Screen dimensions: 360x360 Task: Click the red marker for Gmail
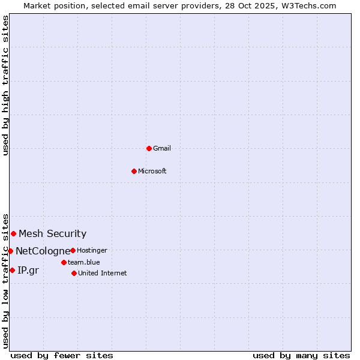(x=149, y=148)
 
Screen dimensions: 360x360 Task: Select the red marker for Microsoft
(x=134, y=171)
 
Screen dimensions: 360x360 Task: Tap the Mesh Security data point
(x=13, y=233)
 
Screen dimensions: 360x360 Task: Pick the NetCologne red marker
(x=10, y=251)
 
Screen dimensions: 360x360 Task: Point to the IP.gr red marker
(x=12, y=270)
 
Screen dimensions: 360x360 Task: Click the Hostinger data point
(x=73, y=250)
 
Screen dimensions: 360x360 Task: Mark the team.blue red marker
(x=64, y=262)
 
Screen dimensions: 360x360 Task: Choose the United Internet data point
(x=74, y=273)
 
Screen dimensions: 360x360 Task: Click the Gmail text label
(x=162, y=148)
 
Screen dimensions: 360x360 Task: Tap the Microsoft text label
(x=152, y=171)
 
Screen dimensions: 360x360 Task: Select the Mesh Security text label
(x=53, y=234)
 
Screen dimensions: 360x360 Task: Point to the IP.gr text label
(x=28, y=271)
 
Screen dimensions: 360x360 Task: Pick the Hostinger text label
(x=92, y=250)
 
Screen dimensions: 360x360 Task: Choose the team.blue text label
(x=84, y=262)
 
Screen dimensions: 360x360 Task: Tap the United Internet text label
(x=103, y=273)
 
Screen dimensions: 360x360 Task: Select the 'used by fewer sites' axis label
(x=62, y=355)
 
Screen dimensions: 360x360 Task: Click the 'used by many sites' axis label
(x=301, y=355)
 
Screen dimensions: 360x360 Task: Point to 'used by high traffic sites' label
(x=5, y=85)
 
